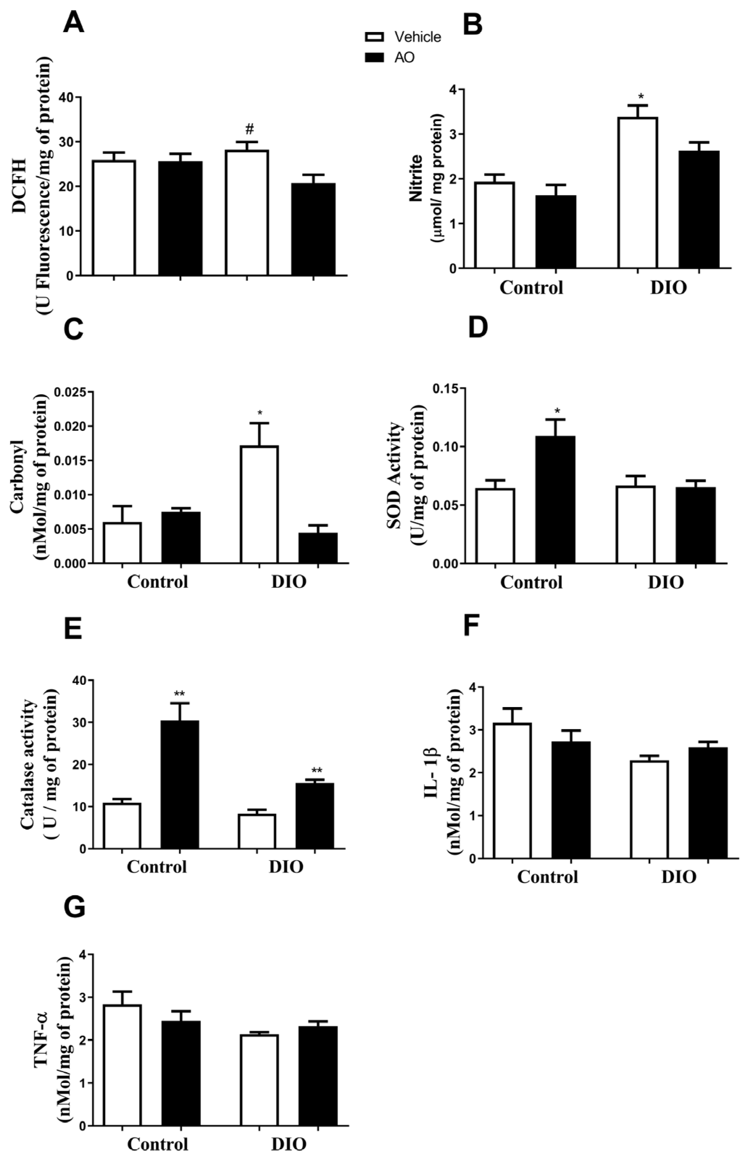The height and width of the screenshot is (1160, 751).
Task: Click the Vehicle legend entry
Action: point(417,37)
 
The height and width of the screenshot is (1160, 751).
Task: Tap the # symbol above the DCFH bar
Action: point(249,129)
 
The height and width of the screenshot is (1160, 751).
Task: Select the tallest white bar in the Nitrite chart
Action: point(638,193)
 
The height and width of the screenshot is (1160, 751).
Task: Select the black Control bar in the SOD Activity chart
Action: point(555,500)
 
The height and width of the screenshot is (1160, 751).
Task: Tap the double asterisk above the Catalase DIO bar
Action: point(317,771)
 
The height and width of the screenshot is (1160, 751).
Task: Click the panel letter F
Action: point(471,626)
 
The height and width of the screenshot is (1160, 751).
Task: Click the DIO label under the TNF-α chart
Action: point(288,1143)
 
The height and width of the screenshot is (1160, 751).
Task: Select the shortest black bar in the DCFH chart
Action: point(313,229)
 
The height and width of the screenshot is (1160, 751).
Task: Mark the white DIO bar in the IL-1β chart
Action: point(649,809)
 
